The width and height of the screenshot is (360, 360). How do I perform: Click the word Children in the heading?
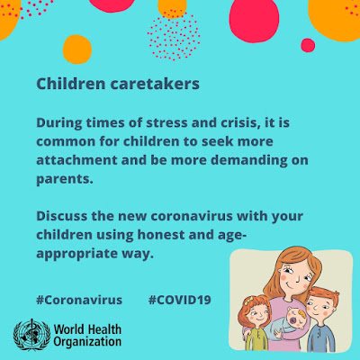tap(71, 84)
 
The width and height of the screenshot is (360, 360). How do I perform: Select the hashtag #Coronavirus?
tap(79, 300)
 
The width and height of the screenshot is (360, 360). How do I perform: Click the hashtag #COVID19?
tap(179, 300)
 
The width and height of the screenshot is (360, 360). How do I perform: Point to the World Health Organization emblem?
tap(31, 335)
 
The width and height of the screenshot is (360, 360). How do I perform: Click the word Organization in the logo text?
tap(87, 341)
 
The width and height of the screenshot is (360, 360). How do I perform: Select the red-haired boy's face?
tap(319, 307)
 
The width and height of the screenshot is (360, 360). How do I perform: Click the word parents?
tap(63, 180)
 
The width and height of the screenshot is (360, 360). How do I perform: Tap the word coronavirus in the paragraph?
tap(192, 216)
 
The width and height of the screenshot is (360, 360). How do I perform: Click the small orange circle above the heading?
tap(77, 49)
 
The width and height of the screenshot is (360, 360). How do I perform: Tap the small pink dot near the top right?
tap(308, 45)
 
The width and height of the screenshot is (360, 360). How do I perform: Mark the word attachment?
tap(76, 160)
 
